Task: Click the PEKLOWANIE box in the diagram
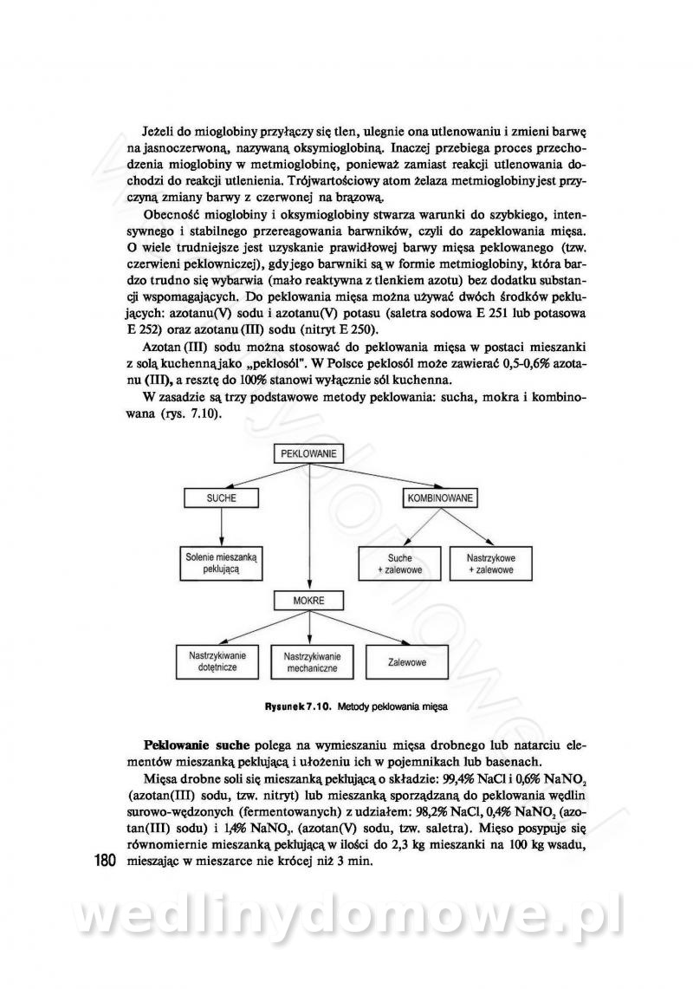pos(309,452)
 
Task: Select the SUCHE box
pos(221,498)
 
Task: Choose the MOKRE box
pos(309,599)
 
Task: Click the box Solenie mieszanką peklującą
pos(221,563)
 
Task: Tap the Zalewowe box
pos(407,662)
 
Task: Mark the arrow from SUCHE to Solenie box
pos(222,526)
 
